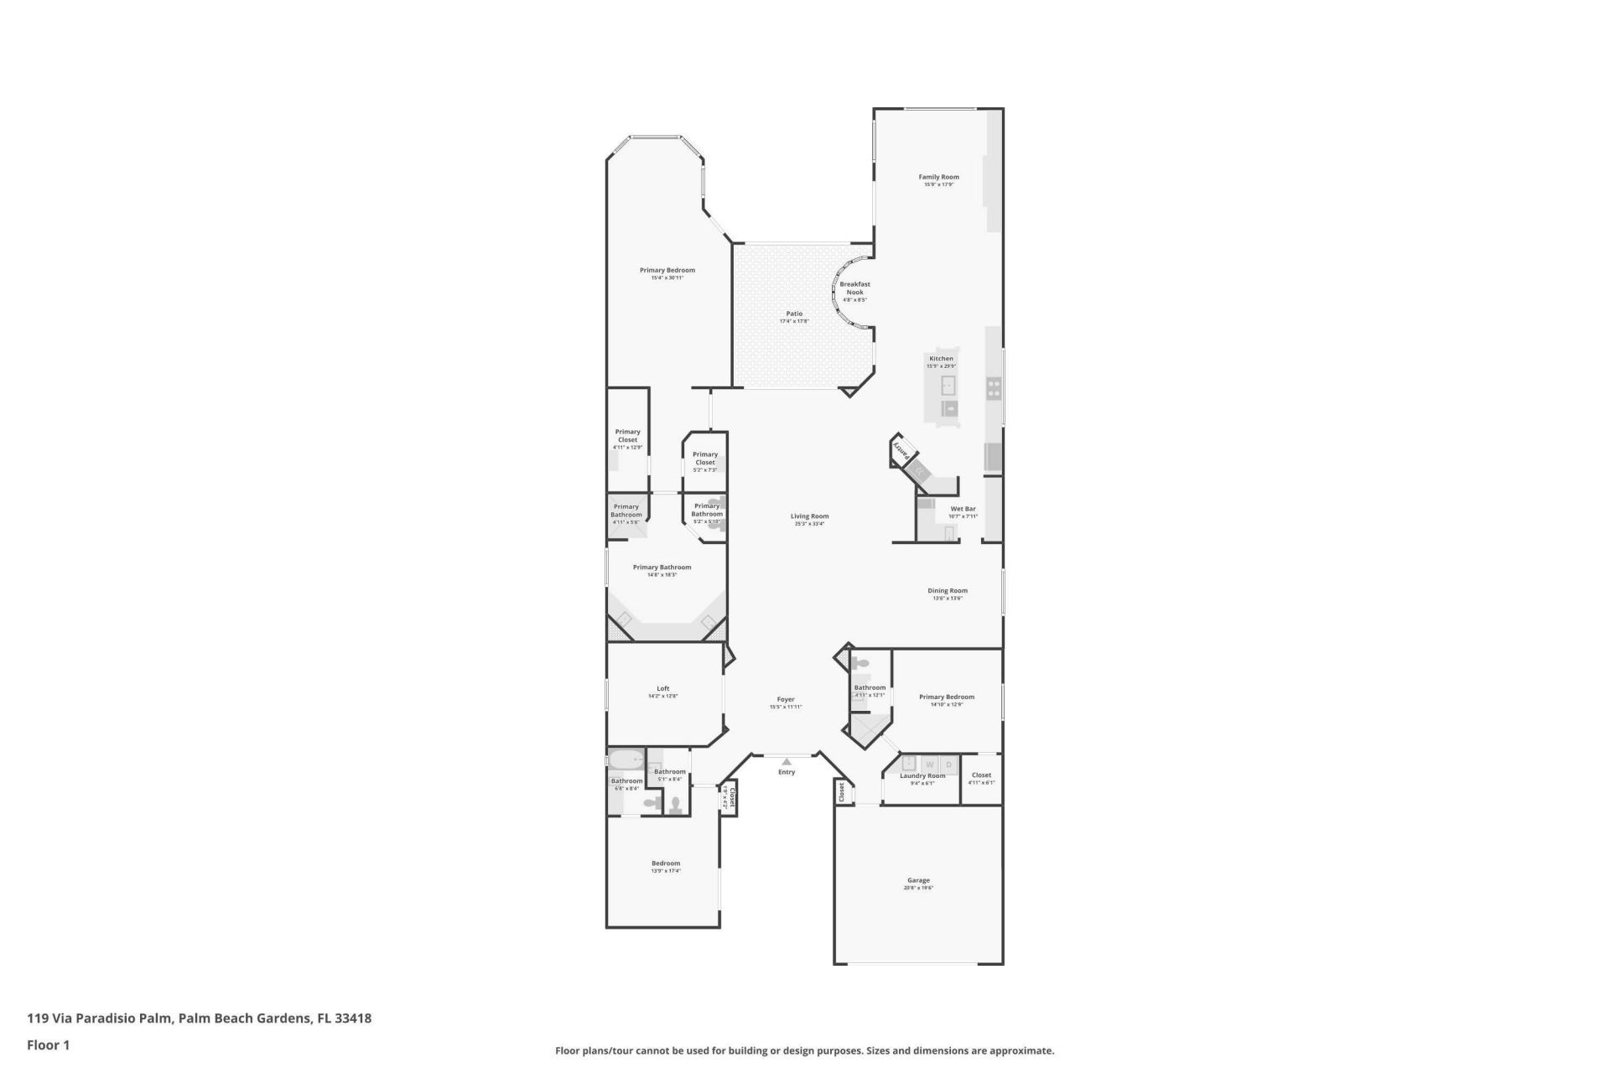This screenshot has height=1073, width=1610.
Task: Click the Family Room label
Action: tap(938, 177)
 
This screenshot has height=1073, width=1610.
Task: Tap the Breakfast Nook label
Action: tap(854, 288)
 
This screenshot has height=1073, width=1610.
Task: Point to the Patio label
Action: tap(793, 314)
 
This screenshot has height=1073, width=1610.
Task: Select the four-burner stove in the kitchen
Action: tap(994, 387)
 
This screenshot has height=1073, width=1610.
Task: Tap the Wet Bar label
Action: tap(963, 509)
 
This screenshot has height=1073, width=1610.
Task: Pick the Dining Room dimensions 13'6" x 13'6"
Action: tap(948, 599)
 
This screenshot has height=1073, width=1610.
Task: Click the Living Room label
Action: tap(809, 516)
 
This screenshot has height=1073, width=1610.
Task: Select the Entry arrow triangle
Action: tap(787, 761)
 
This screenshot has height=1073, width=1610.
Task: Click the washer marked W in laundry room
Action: tap(929, 765)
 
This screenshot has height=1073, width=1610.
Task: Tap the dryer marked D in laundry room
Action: tap(949, 765)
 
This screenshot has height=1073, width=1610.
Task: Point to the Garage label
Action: tap(918, 880)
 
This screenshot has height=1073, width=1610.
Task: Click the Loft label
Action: tap(662, 688)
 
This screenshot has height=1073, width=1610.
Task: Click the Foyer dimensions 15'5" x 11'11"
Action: tap(786, 707)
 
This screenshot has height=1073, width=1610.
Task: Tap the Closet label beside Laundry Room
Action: tap(981, 775)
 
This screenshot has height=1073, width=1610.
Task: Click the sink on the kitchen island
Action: tap(948, 386)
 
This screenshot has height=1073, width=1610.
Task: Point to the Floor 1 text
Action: tap(48, 1044)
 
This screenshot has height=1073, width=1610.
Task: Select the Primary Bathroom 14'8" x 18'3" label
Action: tap(662, 568)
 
